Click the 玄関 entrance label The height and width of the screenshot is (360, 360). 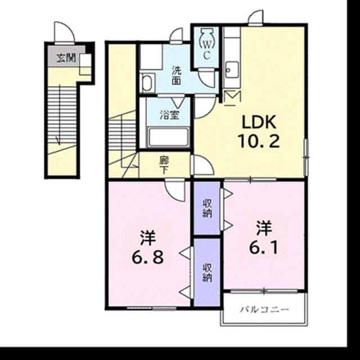coord(66,58)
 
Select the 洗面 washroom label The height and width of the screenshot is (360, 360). coord(177,75)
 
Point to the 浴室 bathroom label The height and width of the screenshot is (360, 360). coord(169,115)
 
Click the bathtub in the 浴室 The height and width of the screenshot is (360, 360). coord(169,137)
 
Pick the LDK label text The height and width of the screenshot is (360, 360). coord(259,123)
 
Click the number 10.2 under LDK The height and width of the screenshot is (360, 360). coord(259,141)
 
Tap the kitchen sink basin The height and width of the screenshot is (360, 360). coord(232,70)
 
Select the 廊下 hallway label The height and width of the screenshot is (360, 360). coord(164,165)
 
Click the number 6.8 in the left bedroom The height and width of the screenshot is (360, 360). coord(147,256)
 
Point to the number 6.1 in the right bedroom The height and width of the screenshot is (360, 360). coord(263,247)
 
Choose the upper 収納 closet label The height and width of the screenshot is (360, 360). coord(207,208)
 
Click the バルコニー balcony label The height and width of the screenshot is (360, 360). coord(264,310)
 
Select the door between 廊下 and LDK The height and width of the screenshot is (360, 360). coord(202,165)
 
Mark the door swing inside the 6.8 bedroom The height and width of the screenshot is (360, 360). coord(175,190)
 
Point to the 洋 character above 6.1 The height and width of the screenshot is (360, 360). coord(264,228)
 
